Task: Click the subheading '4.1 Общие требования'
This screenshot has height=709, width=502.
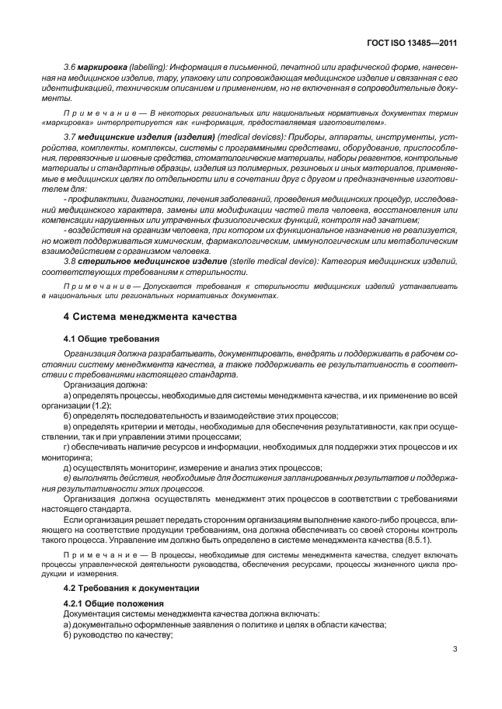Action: (x=111, y=339)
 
